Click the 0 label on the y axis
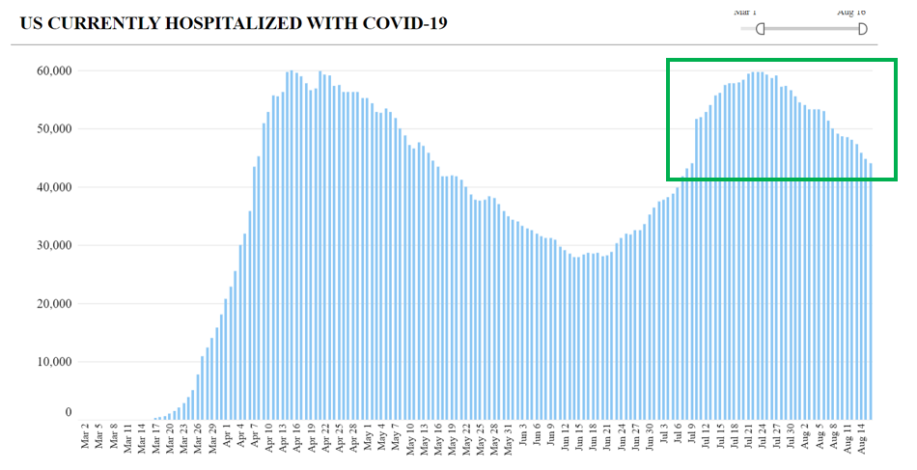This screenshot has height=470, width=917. click(x=68, y=413)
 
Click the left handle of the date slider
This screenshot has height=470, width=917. click(x=761, y=29)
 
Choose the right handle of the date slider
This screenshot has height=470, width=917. click(x=862, y=29)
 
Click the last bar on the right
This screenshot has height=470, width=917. click(x=871, y=290)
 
